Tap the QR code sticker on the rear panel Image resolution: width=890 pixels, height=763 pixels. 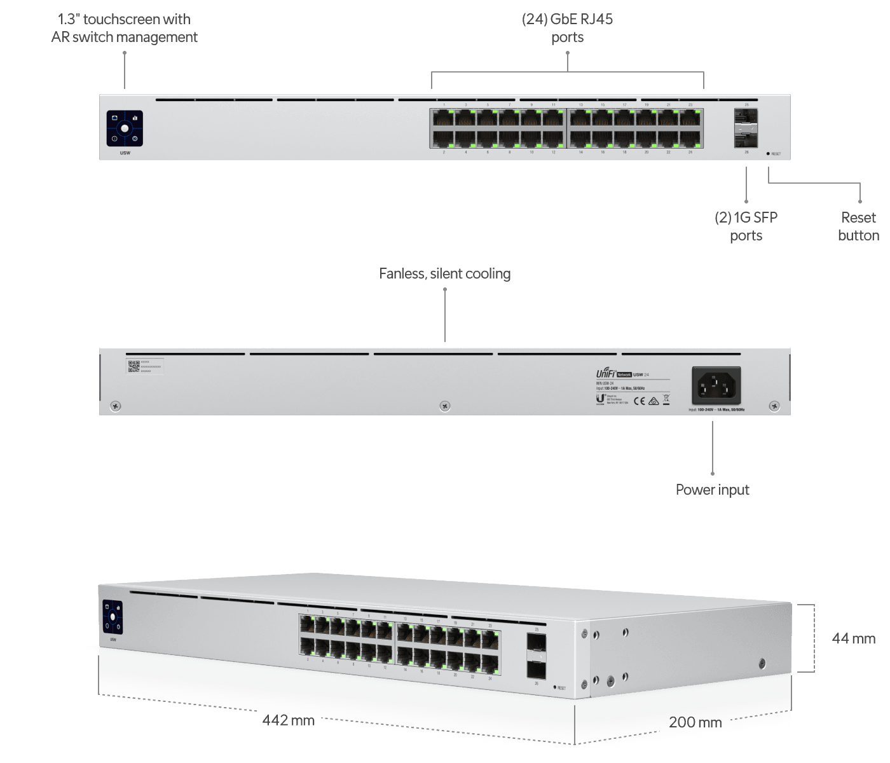pyautogui.click(x=133, y=366)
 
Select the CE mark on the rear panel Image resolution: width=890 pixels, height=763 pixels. pyautogui.click(x=640, y=401)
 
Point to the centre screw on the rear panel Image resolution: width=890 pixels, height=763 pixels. pyautogui.click(x=445, y=406)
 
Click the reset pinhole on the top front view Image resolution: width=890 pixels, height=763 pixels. pyautogui.click(x=768, y=154)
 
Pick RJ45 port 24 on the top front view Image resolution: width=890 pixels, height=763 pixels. pyautogui.click(x=691, y=138)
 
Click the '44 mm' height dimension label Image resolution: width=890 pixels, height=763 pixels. pyautogui.click(x=854, y=638)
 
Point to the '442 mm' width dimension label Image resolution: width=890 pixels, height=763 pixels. pyautogui.click(x=289, y=721)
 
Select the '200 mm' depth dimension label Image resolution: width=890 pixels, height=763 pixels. pyautogui.click(x=695, y=722)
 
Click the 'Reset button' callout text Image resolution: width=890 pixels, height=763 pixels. pyautogui.click(x=859, y=226)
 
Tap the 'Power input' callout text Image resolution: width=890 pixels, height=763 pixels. pyautogui.click(x=713, y=490)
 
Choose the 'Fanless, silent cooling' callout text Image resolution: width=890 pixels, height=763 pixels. pyautogui.click(x=445, y=274)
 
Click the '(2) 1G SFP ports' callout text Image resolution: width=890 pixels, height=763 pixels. pyautogui.click(x=746, y=226)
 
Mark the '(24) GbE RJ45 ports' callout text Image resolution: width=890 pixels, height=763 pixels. pyautogui.click(x=568, y=29)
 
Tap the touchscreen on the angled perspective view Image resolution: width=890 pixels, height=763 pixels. pyautogui.click(x=113, y=617)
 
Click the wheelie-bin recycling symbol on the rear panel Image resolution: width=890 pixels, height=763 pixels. pyautogui.click(x=666, y=401)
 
